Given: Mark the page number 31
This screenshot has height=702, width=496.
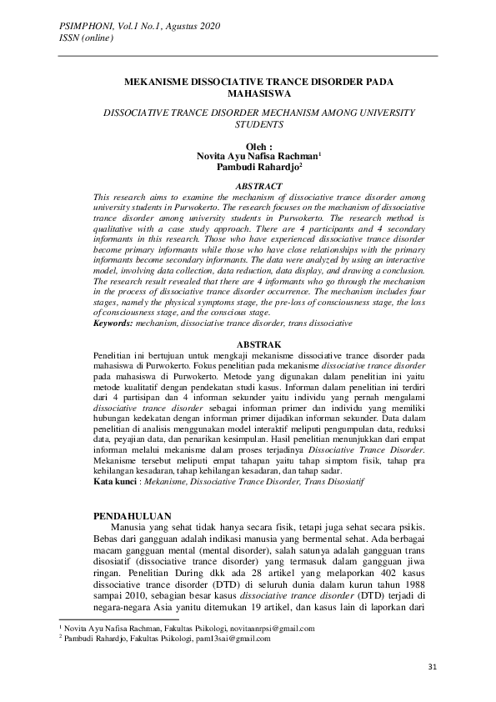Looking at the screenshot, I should [432, 666].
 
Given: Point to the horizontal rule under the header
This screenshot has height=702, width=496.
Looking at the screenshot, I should [248, 55].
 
